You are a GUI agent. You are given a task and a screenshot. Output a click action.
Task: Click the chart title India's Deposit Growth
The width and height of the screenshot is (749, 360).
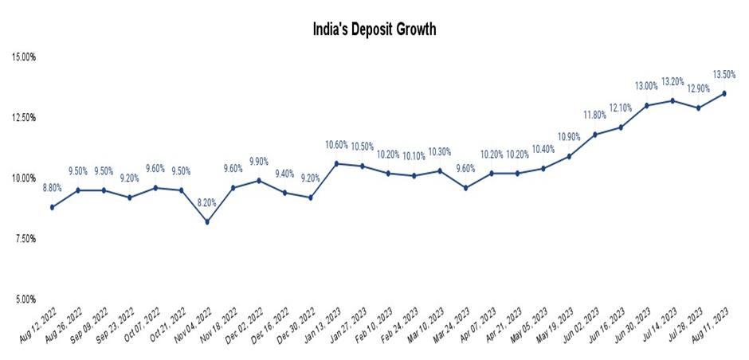374,29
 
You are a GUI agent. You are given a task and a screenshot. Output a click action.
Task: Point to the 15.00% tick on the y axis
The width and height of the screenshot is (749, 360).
23,57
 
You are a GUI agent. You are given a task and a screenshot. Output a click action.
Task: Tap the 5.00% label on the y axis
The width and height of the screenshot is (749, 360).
23,299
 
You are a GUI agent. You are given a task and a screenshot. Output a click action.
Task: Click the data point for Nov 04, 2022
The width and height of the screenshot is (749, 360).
207,221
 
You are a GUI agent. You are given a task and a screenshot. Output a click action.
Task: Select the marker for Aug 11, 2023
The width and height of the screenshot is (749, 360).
724,93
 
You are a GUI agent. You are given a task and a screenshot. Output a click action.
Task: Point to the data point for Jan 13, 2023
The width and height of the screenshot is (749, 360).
336,163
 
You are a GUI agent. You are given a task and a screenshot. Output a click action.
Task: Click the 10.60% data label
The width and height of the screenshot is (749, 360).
336,144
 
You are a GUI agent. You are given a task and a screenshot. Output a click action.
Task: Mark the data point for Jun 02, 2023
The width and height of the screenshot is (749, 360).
594,135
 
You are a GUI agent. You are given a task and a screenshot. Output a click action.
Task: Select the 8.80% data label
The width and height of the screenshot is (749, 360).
53,188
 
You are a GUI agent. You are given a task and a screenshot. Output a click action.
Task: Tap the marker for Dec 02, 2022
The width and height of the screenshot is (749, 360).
259,180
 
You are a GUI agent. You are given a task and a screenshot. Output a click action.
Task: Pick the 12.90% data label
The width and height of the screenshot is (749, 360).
698,88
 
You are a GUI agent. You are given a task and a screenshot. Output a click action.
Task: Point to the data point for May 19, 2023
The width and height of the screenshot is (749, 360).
568,156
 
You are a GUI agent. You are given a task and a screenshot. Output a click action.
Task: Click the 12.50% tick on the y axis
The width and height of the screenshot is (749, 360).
23,118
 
